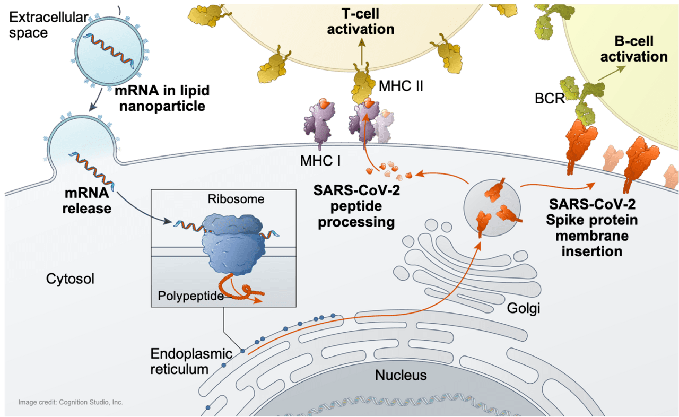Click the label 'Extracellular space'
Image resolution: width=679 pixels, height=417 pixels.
tap(48, 25)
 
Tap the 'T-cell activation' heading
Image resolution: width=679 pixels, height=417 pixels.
tap(361, 22)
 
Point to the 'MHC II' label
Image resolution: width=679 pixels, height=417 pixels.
tap(401, 86)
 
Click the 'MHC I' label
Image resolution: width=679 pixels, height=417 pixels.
tap(320, 161)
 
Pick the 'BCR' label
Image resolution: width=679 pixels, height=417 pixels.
tap(550, 98)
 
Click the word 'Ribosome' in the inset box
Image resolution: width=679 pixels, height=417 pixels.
tap(236, 199)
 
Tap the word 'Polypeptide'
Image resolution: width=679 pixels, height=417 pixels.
tap(190, 296)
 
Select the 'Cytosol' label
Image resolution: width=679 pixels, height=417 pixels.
tap(70, 279)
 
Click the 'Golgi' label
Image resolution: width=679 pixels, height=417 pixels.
tap(524, 308)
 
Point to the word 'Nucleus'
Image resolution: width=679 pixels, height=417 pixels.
tap(401, 375)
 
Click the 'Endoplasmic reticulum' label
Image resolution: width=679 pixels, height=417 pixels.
tap(191, 361)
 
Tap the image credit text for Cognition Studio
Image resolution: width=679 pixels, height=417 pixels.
tap(71, 402)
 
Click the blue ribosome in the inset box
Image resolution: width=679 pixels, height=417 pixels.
tap(232, 242)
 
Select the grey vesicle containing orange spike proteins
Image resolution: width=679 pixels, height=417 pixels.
tap(492, 207)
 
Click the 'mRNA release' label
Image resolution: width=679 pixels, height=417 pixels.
tap(86, 201)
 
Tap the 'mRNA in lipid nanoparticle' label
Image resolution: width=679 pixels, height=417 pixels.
tap(162, 98)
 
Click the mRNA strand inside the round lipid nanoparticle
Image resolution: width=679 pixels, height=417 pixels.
tap(109, 50)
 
